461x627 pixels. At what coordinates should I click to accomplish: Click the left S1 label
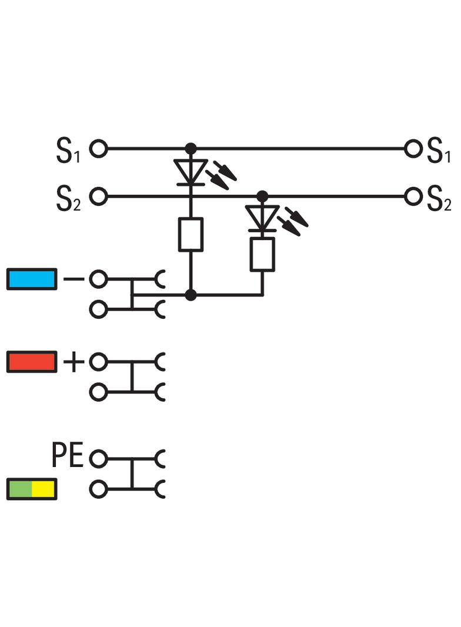tap(68, 150)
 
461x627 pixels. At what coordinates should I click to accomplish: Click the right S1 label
tap(439, 150)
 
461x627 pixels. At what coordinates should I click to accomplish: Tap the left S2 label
tap(68, 198)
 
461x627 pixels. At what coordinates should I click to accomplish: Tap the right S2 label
tap(439, 198)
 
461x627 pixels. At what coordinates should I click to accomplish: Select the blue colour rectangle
tap(32, 279)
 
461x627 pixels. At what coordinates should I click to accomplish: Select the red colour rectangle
tap(32, 362)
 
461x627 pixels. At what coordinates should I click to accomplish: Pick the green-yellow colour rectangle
tap(32, 489)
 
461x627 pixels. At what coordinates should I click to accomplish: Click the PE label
tap(67, 455)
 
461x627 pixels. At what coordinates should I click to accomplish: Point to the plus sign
tap(74, 362)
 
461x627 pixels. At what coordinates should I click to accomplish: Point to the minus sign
tap(74, 279)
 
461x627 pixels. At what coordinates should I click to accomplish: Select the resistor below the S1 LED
tap(191, 235)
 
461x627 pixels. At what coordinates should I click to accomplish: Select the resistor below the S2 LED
tap(262, 254)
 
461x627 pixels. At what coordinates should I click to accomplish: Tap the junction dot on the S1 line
tap(191, 149)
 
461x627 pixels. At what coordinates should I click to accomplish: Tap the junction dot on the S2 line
tap(262, 196)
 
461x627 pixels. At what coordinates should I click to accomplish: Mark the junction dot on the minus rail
tap(191, 295)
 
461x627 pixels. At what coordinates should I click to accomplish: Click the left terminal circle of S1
tap(98, 149)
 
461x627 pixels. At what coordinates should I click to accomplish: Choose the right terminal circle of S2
tap(413, 196)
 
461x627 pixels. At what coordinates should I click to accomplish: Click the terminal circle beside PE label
tap(98, 458)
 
